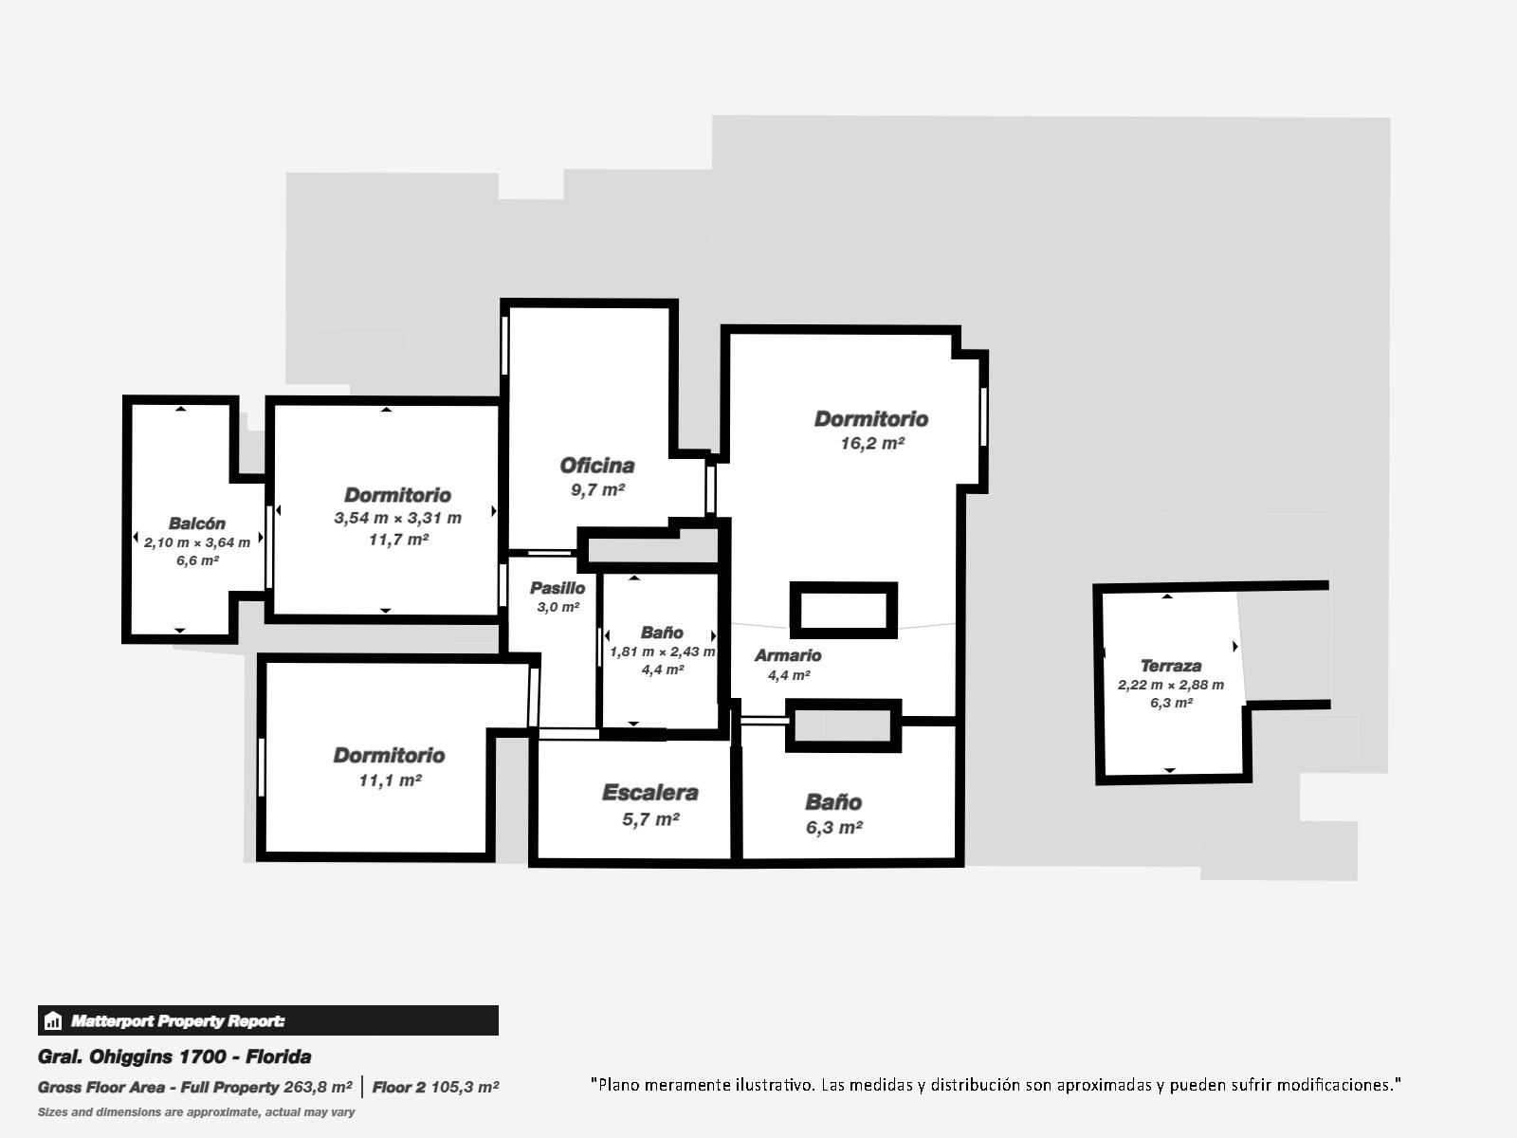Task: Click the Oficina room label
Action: coord(597,466)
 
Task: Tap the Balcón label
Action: coord(197,523)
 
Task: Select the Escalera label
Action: coord(649,793)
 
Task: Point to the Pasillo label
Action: coord(557,588)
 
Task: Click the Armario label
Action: coord(788,655)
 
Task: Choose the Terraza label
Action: coord(1171,666)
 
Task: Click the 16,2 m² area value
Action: coord(872,443)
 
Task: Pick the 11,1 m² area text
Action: coord(390,780)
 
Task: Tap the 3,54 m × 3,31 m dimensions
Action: coord(397,518)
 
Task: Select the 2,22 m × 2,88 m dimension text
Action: coord(1171,685)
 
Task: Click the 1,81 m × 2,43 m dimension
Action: coord(662,652)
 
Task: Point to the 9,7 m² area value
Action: coord(597,490)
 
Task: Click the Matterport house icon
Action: coord(52,1020)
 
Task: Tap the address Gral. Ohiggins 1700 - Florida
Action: coord(174,1056)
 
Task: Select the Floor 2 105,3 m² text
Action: coord(435,1087)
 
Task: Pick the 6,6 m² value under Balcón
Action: coord(197,560)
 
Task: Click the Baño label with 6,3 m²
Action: coord(833,802)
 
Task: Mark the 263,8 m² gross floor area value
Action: coord(318,1087)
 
